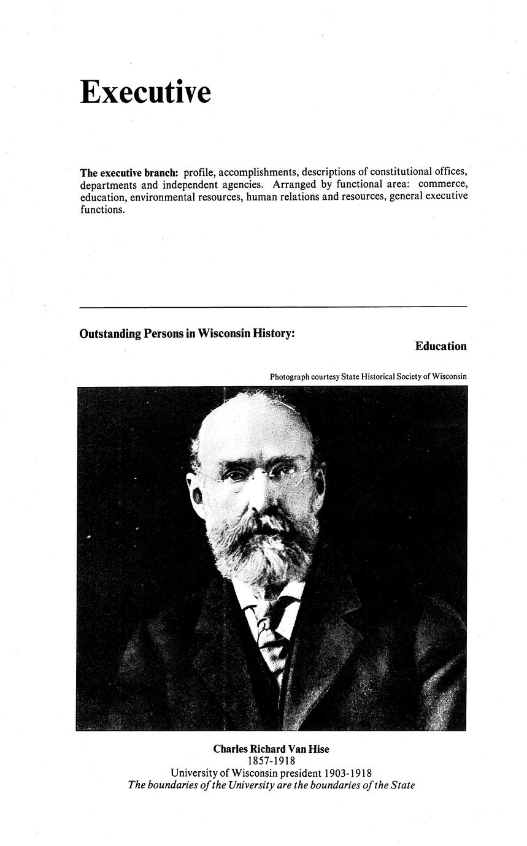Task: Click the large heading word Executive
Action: coord(145,92)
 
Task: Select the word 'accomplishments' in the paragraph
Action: coord(257,172)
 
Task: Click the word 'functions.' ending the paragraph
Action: coord(102,209)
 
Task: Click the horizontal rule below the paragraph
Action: coord(273,306)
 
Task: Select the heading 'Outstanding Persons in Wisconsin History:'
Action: coord(187,333)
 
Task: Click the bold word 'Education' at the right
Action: coord(440,346)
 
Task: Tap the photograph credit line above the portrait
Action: coord(368,376)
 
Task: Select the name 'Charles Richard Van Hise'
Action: coord(271,749)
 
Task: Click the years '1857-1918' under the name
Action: coord(271,761)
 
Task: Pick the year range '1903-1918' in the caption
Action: coord(348,773)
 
